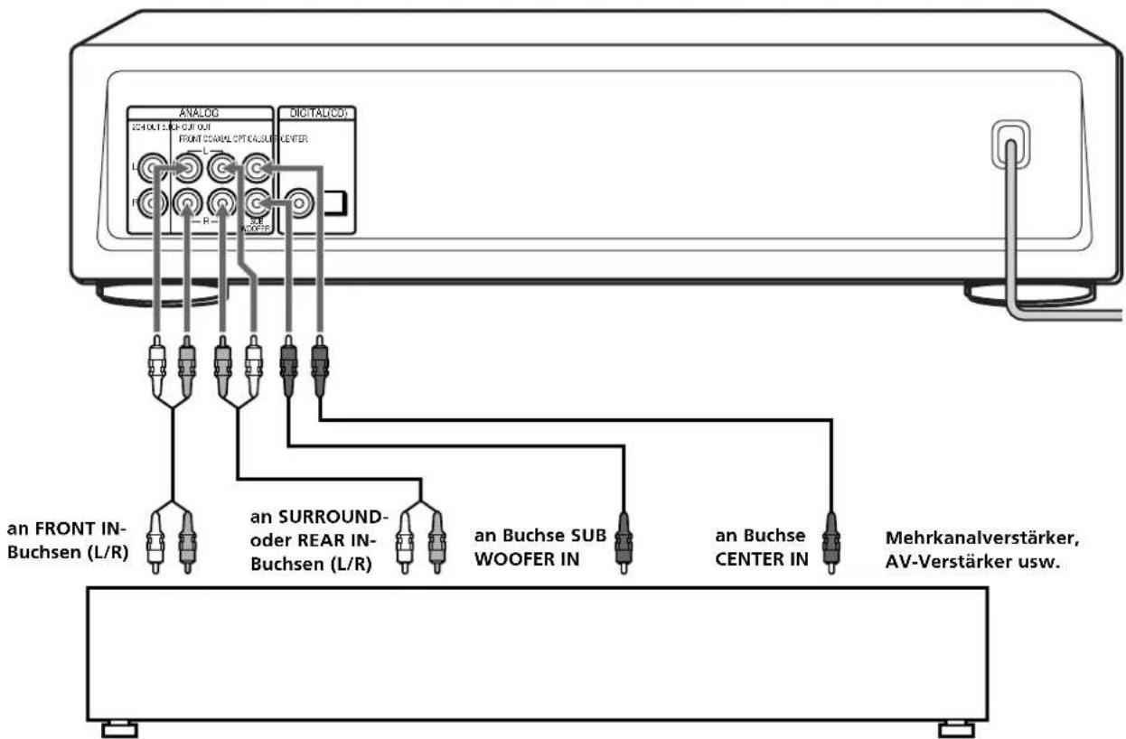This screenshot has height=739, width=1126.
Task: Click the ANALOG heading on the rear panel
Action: (x=200, y=114)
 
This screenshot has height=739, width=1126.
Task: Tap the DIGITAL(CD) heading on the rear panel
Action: (x=315, y=114)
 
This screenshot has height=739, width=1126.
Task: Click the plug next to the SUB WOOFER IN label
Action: (x=622, y=542)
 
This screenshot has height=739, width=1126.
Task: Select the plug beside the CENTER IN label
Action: (x=830, y=542)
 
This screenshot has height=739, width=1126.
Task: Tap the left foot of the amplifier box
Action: (x=119, y=728)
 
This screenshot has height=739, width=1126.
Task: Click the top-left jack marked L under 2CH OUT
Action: (x=155, y=168)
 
